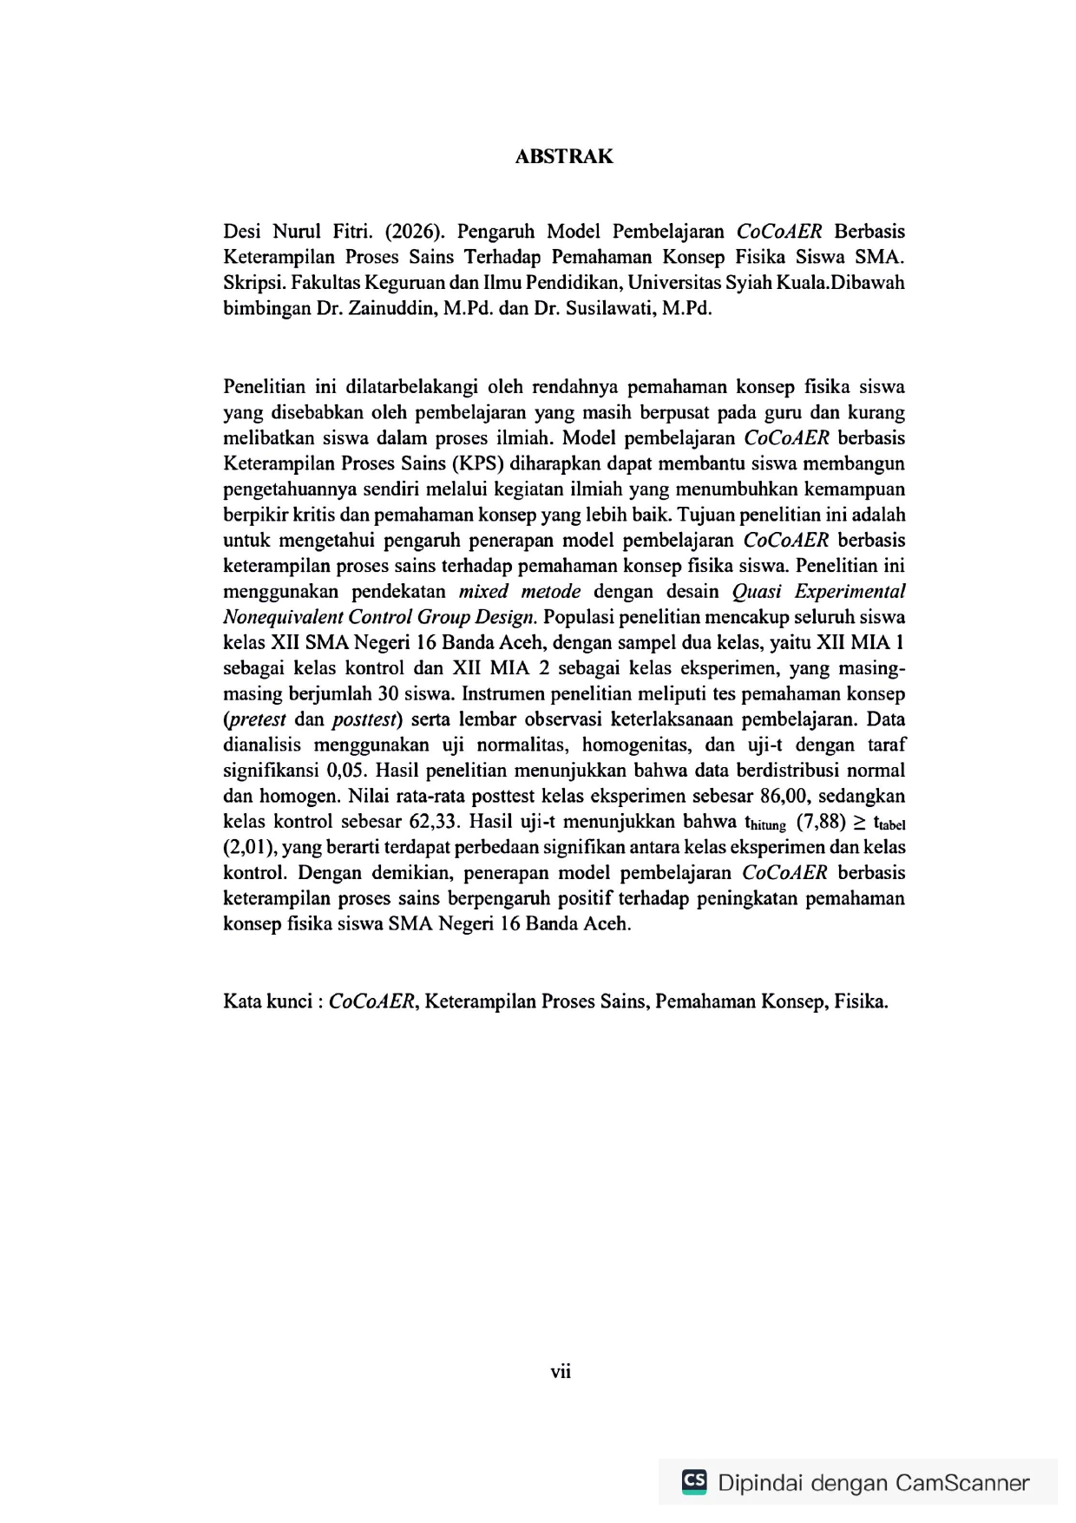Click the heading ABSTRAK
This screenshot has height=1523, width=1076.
[563, 157]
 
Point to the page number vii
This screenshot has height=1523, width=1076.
[561, 1372]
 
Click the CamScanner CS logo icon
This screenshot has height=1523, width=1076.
[694, 1481]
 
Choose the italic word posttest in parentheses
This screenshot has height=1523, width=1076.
[365, 719]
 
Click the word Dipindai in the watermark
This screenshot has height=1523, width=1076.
[760, 1483]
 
